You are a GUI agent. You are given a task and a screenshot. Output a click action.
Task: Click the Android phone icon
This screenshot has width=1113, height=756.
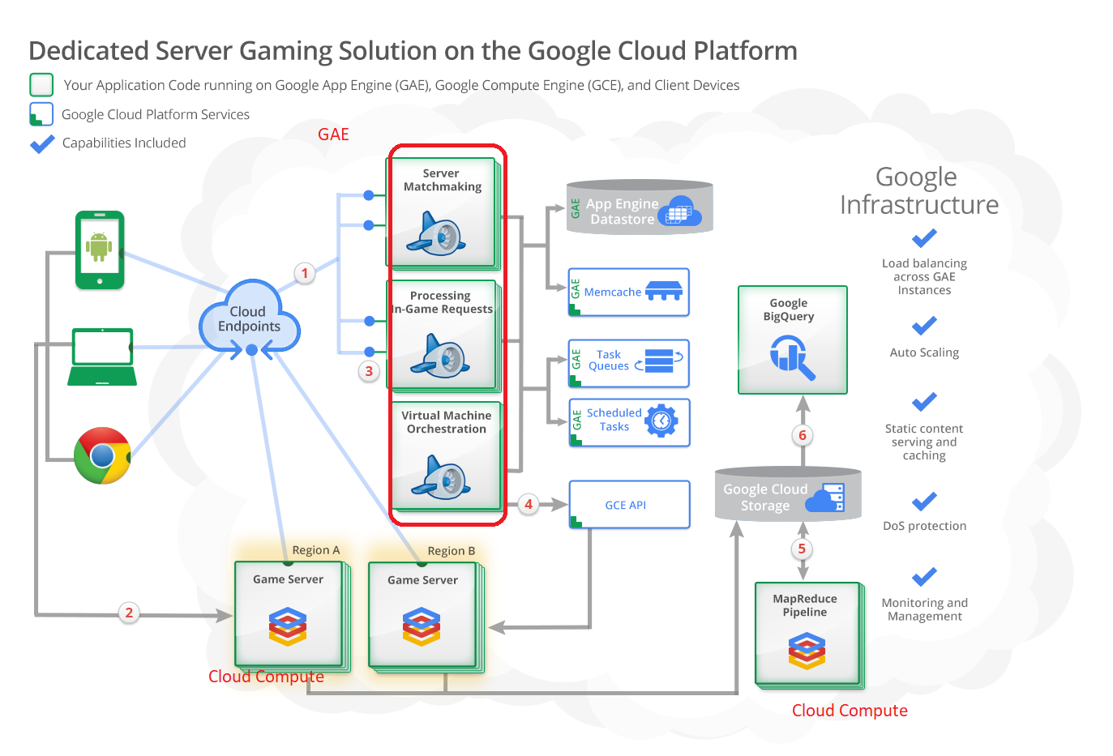(100, 250)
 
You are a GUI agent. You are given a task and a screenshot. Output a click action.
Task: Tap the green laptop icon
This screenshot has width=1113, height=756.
(102, 357)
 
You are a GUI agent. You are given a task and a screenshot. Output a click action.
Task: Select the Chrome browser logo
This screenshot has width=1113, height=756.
(102, 455)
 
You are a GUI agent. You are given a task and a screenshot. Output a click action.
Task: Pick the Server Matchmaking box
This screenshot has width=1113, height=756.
(441, 212)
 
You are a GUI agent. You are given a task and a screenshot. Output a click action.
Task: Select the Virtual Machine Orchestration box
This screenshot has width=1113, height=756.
(446, 456)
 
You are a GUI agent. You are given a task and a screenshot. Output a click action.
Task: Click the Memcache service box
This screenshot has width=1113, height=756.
(629, 292)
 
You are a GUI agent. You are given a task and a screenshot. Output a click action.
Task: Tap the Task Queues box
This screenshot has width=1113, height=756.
(629, 362)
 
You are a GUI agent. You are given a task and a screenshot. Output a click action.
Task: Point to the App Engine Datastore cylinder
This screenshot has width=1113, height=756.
(640, 207)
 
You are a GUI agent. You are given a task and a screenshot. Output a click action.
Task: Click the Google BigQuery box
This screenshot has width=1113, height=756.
(792, 340)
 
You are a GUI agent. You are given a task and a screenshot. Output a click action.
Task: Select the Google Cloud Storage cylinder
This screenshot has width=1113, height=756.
(787, 494)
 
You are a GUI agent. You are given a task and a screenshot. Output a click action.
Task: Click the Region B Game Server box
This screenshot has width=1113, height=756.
(422, 615)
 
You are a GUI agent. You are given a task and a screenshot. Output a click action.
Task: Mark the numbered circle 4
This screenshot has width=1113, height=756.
(529, 504)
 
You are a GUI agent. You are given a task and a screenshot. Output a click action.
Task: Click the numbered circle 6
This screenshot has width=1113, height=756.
(803, 435)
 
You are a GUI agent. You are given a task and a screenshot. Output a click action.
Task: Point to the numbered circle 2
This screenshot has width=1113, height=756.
(129, 613)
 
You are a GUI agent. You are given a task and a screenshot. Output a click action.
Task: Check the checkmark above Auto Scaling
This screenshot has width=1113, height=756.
(924, 326)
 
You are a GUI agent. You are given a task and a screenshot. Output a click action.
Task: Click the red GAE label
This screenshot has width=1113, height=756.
(333, 135)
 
